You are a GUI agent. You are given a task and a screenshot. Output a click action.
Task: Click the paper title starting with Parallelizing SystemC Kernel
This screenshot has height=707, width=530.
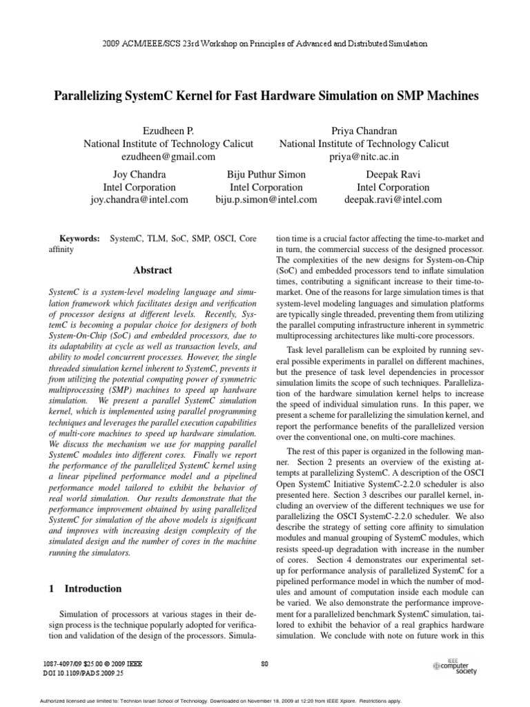266,96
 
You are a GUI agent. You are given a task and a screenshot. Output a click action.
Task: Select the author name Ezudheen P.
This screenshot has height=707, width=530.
168,130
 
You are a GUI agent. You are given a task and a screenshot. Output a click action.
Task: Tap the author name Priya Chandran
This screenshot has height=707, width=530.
364,130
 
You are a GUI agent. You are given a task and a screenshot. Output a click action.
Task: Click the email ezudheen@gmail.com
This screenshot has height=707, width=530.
168,157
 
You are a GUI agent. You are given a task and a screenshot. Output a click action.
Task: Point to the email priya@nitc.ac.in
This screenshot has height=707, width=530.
364,157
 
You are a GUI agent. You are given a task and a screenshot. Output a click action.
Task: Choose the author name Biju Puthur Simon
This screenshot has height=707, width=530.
266,174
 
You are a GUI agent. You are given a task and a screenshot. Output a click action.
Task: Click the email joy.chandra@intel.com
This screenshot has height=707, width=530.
139,200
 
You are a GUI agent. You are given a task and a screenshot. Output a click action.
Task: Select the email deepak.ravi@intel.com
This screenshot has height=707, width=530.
393,200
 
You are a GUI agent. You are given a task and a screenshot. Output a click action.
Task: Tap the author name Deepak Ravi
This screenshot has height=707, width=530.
392,174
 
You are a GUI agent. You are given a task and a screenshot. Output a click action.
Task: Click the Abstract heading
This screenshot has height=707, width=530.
153,270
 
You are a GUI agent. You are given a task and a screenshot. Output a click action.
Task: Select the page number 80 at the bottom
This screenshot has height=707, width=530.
265,664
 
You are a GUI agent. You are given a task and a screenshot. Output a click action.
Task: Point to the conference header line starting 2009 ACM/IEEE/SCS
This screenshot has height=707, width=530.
265,43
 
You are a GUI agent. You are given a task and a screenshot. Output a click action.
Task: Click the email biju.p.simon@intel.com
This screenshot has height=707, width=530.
266,200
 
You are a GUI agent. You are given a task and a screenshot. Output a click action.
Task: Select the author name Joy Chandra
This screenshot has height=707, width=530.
139,174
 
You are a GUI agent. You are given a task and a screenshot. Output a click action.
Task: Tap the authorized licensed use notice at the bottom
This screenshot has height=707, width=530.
265,700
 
